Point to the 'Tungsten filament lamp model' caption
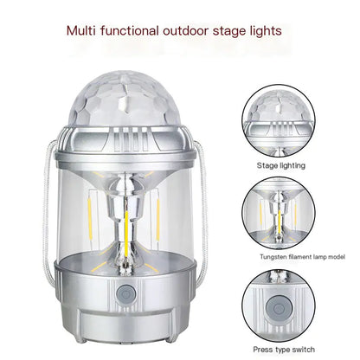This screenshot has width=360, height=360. coord(289,257)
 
